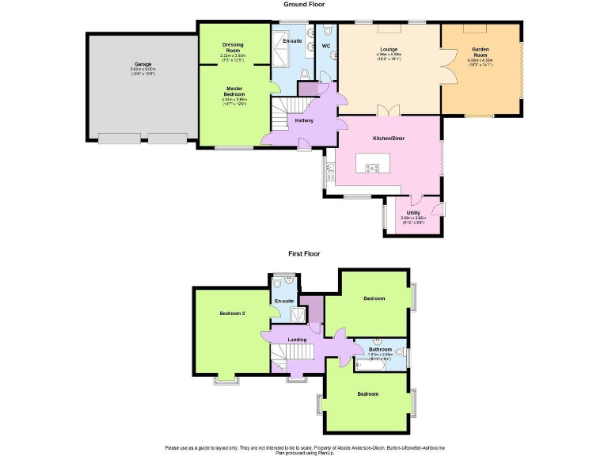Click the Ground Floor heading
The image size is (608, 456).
pyautogui.click(x=304, y=5)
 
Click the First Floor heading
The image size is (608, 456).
pyautogui.click(x=304, y=253)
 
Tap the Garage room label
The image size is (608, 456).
pyautogui.click(x=142, y=64)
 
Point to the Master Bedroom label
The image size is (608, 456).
pyautogui.click(x=234, y=91)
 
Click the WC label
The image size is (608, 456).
pyautogui.click(x=326, y=46)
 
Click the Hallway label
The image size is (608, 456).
pyautogui.click(x=304, y=120)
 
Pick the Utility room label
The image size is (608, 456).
pyautogui.click(x=413, y=213)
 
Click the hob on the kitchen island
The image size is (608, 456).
pyautogui.click(x=372, y=167)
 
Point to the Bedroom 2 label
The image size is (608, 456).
pyautogui.click(x=232, y=313)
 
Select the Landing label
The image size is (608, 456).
pyautogui.click(x=297, y=340)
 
